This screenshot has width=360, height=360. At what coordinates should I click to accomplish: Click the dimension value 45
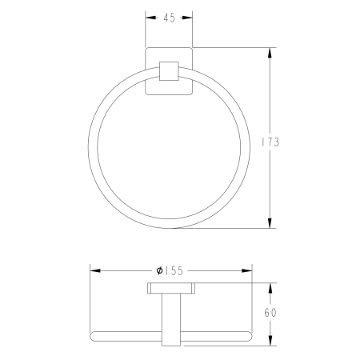point(170,18)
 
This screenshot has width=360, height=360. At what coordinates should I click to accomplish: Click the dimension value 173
point(270,142)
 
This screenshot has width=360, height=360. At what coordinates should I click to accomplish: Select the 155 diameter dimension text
point(170,271)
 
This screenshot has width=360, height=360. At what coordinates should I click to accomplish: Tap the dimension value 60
point(270,313)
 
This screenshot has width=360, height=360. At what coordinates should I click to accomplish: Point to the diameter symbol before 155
point(159,271)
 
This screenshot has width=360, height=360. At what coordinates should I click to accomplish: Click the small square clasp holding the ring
point(169,71)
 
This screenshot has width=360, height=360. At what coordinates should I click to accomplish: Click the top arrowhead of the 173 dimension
point(270,53)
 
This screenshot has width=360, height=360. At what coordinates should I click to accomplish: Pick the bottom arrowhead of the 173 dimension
point(270,223)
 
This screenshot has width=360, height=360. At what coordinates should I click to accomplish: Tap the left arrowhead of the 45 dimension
point(150,18)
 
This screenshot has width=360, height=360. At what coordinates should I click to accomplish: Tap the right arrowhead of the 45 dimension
point(187,18)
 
